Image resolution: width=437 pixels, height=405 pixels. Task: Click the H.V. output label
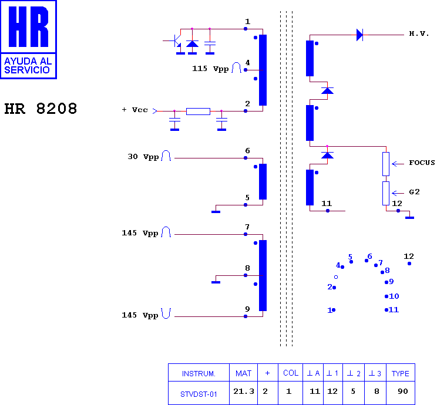(419, 33)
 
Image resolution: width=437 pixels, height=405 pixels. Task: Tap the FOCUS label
(422, 163)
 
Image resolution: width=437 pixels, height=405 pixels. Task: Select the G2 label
(414, 191)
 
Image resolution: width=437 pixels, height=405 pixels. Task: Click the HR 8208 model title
(41, 109)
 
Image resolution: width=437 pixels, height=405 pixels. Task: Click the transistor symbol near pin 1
(176, 41)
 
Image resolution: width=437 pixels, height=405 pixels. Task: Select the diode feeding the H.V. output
(360, 35)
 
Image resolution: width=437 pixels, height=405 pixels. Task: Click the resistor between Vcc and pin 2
(198, 112)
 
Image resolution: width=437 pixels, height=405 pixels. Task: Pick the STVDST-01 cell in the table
(199, 394)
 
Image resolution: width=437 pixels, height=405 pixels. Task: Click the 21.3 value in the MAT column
(244, 392)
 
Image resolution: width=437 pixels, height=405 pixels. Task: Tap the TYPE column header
(400, 373)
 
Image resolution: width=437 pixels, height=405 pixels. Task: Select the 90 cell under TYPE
(403, 392)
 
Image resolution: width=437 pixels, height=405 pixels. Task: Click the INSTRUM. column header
(199, 373)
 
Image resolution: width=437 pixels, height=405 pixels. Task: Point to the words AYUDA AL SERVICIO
(28, 66)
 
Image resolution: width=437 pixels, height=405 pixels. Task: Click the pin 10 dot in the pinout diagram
(386, 296)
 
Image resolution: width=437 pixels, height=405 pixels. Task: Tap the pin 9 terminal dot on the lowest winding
(246, 316)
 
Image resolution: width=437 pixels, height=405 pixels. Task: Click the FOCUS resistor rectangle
(386, 164)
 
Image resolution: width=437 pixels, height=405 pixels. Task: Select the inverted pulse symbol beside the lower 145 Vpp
(166, 313)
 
